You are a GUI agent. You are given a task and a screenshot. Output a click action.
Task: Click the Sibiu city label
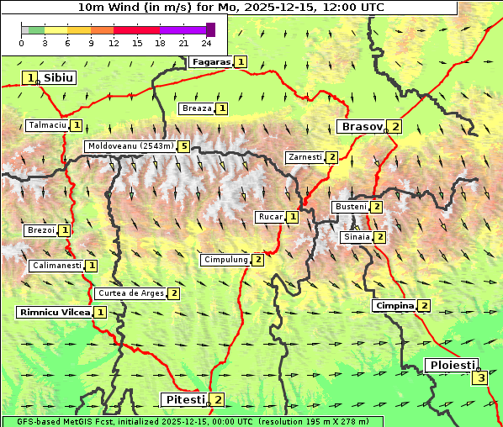(58, 77)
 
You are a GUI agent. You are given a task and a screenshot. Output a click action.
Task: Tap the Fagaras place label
(210, 61)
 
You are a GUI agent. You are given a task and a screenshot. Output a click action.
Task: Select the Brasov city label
(360, 127)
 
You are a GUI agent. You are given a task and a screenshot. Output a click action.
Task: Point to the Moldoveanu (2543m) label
(130, 145)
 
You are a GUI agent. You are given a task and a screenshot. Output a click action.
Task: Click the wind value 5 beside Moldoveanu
(183, 145)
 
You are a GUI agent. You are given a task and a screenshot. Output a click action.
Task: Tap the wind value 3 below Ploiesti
(480, 378)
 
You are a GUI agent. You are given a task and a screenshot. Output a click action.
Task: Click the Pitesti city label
(183, 399)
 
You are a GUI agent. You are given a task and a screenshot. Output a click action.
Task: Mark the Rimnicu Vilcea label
(54, 312)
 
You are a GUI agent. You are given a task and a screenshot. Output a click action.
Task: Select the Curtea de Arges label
(130, 293)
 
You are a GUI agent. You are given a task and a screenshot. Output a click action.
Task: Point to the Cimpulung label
(225, 260)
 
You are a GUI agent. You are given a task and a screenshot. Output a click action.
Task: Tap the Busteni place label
(350, 207)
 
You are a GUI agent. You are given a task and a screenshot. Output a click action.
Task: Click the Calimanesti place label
(56, 266)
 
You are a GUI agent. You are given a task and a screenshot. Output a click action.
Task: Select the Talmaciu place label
(47, 125)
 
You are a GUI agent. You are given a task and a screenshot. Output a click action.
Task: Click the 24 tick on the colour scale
(206, 43)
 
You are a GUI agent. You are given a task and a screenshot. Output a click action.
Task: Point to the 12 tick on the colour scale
(114, 43)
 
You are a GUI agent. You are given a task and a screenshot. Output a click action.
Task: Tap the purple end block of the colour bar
(210, 29)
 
